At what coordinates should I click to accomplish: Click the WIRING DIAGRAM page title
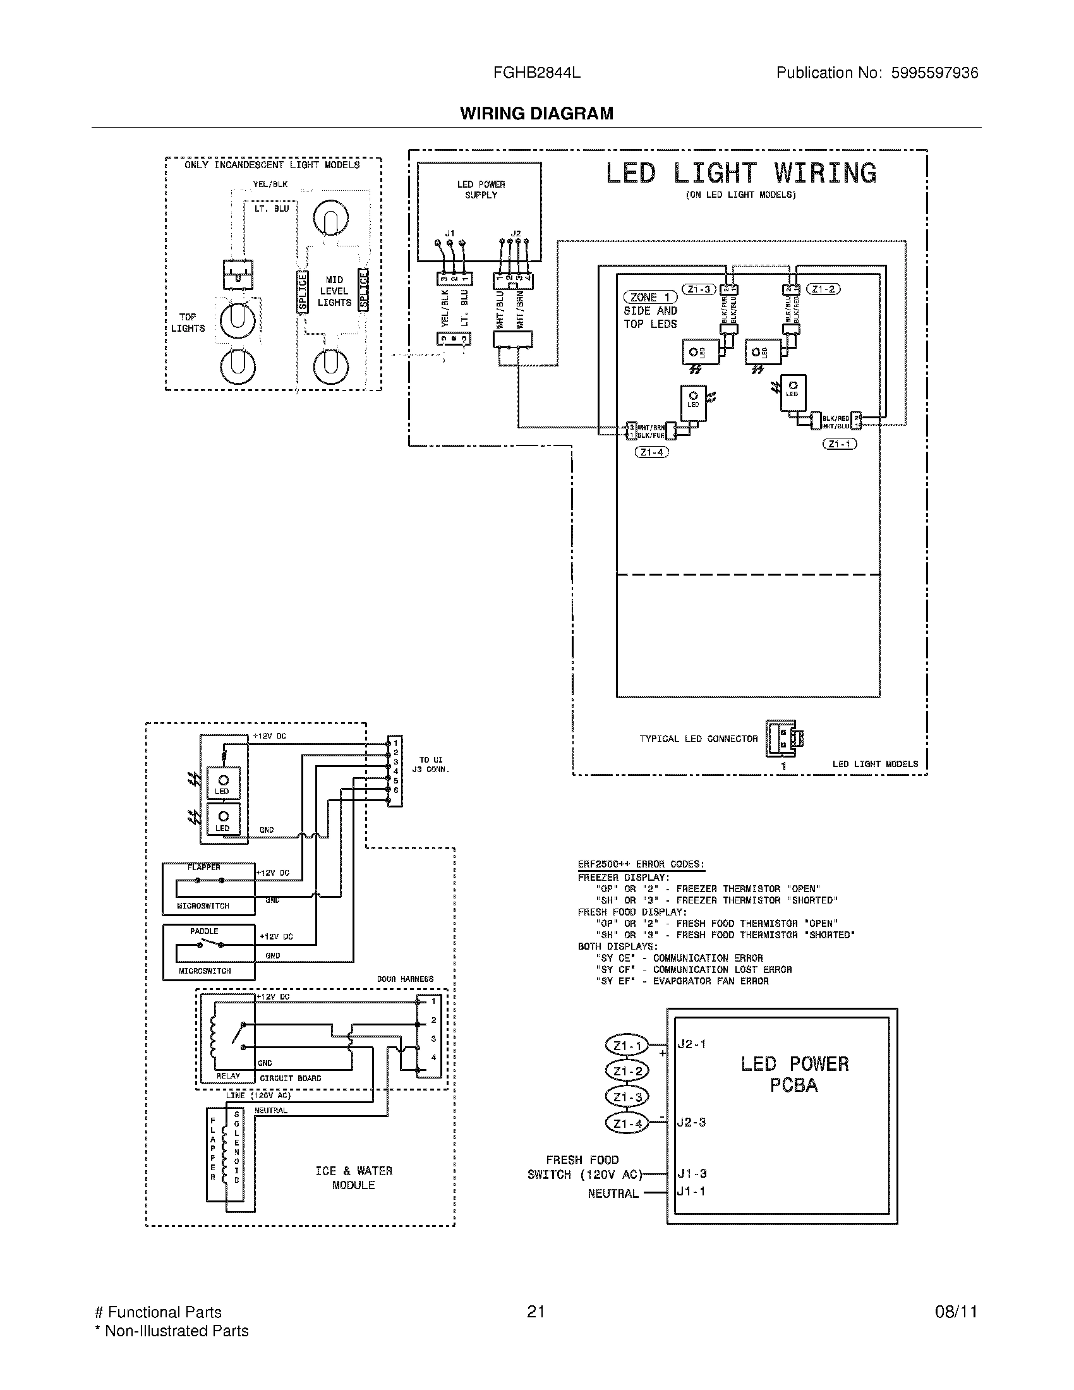point(536,113)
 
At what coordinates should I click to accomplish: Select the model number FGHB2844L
point(536,73)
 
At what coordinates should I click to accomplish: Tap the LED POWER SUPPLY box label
point(480,190)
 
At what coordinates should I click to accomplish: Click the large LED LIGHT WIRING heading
point(740,174)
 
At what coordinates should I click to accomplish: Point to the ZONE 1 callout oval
point(649,297)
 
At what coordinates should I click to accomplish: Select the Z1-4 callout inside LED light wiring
point(651,452)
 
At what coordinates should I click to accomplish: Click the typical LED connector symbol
point(784,738)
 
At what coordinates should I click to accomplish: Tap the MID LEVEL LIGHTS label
point(334,291)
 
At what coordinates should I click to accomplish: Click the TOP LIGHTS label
point(188,323)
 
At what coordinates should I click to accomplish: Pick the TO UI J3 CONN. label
point(431,764)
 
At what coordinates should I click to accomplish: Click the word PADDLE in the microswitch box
point(204,931)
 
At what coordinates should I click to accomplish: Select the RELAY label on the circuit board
point(228,1075)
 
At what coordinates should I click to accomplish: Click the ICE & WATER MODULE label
point(354,1178)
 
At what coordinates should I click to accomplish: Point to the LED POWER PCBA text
point(794,1074)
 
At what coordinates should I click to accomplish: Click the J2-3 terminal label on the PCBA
point(691,1122)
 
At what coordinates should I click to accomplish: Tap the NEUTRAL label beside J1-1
point(613,1194)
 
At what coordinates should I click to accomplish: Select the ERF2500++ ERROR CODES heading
point(641,864)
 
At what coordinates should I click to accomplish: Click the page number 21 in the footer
point(536,1312)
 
